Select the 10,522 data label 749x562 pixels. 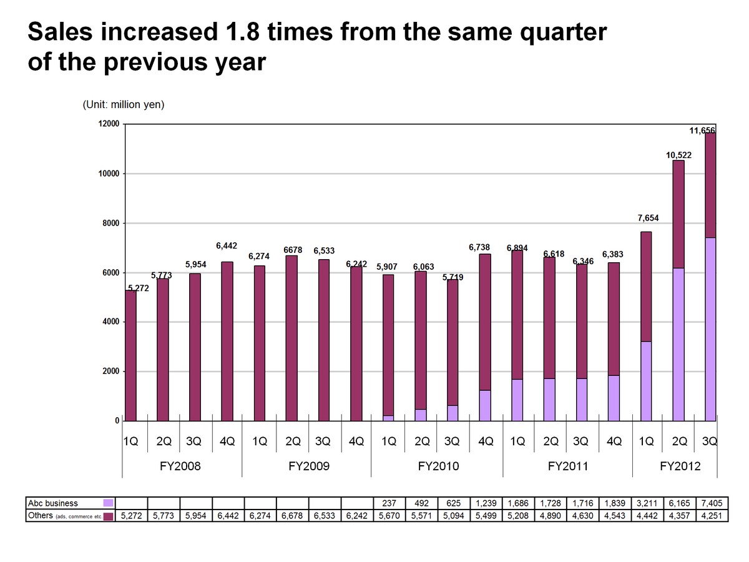[678, 154]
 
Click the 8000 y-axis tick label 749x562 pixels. [110, 223]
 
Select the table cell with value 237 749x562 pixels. [389, 503]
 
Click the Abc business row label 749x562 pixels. [53, 503]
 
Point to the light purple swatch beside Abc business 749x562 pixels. [109, 503]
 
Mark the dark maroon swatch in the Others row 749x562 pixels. [109, 516]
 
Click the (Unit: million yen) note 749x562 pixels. [123, 105]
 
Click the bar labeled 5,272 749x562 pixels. [130, 356]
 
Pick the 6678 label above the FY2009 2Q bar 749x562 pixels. [293, 250]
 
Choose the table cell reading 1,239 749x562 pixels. [486, 503]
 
